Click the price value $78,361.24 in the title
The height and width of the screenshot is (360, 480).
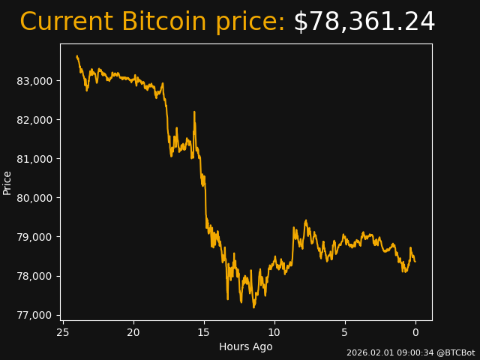pyautogui.click(x=364, y=22)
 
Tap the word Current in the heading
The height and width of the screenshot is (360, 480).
pyautogui.click(x=67, y=22)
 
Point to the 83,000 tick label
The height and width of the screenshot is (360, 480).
pyautogui.click(x=34, y=81)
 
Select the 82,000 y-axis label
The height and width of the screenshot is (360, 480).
pyautogui.click(x=34, y=120)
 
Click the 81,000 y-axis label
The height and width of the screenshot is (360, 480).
pyautogui.click(x=34, y=159)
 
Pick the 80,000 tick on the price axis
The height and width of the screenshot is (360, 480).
pyautogui.click(x=34, y=198)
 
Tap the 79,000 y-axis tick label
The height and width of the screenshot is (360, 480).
pyautogui.click(x=34, y=237)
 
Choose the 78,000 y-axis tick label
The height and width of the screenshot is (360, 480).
pyautogui.click(x=34, y=276)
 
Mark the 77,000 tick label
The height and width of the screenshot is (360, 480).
pyautogui.click(x=34, y=315)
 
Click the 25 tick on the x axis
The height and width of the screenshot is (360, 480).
pyautogui.click(x=63, y=332)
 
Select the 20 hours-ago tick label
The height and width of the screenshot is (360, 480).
pyautogui.click(x=133, y=332)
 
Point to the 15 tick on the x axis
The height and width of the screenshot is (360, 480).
pyautogui.click(x=204, y=332)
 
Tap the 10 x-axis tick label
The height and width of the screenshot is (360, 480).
pyautogui.click(x=274, y=332)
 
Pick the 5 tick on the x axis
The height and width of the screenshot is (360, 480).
pyautogui.click(x=345, y=332)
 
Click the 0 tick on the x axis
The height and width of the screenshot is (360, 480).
pyautogui.click(x=415, y=332)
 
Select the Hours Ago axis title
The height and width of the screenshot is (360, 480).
pyautogui.click(x=245, y=346)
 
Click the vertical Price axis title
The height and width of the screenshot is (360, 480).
pyautogui.click(x=7, y=182)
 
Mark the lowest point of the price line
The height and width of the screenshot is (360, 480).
pyautogui.click(x=253, y=307)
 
